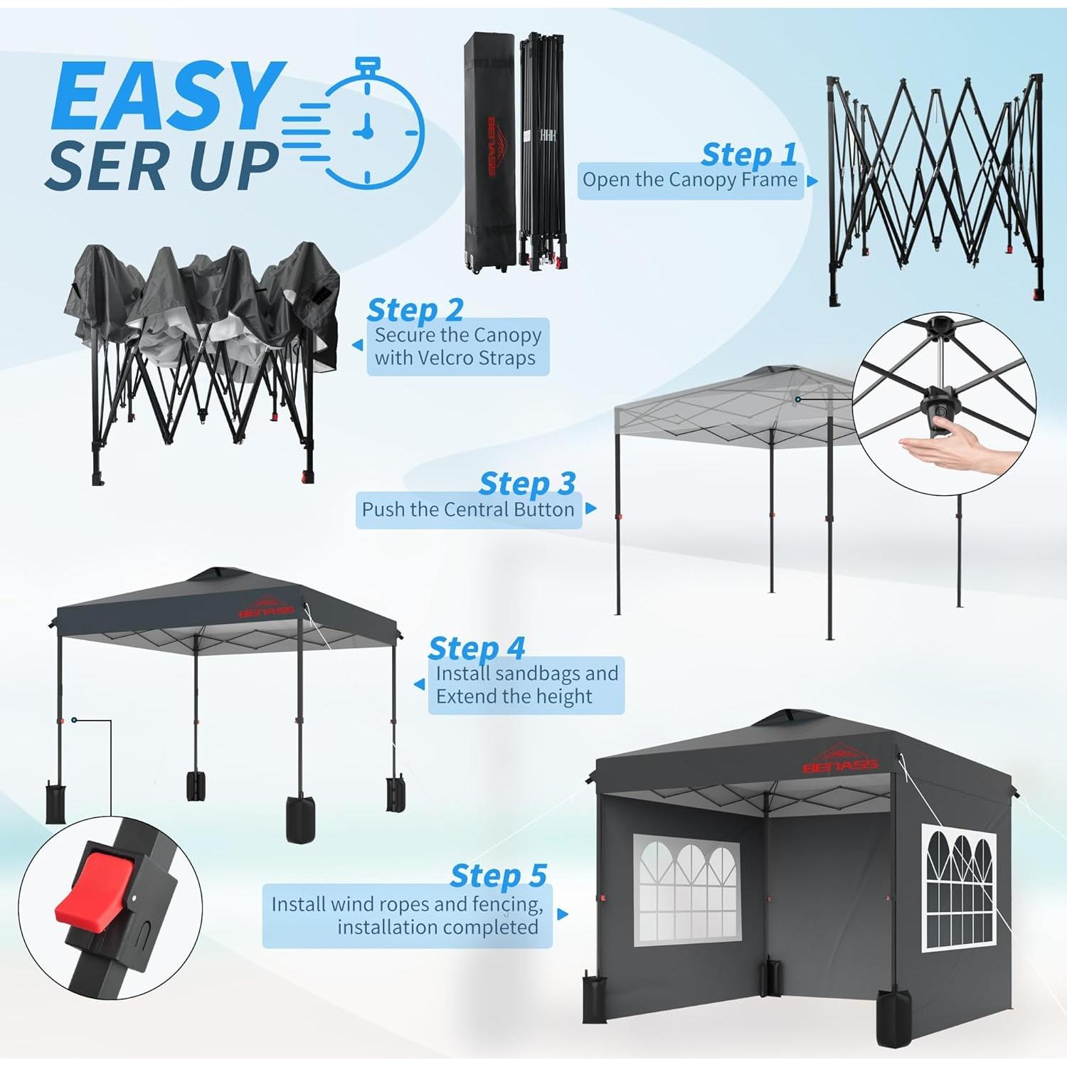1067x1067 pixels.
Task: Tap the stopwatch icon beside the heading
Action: (x=366, y=128)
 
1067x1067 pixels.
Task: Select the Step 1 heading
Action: (x=748, y=154)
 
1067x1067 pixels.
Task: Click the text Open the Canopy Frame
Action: (x=689, y=180)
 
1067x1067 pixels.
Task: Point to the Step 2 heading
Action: (x=415, y=310)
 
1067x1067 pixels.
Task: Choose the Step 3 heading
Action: (x=527, y=484)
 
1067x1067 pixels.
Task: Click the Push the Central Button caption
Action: (x=467, y=510)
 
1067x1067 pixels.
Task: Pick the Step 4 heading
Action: (x=476, y=648)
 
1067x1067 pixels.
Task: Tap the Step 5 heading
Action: (x=498, y=876)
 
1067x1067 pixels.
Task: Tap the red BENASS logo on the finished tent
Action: (x=841, y=760)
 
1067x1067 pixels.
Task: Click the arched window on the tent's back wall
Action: (x=686, y=889)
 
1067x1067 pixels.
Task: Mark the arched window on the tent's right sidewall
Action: (x=959, y=889)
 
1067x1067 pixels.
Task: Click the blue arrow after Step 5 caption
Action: (x=563, y=914)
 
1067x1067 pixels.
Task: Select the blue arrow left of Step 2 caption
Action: (x=358, y=346)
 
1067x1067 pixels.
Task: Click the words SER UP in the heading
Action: (x=162, y=166)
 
